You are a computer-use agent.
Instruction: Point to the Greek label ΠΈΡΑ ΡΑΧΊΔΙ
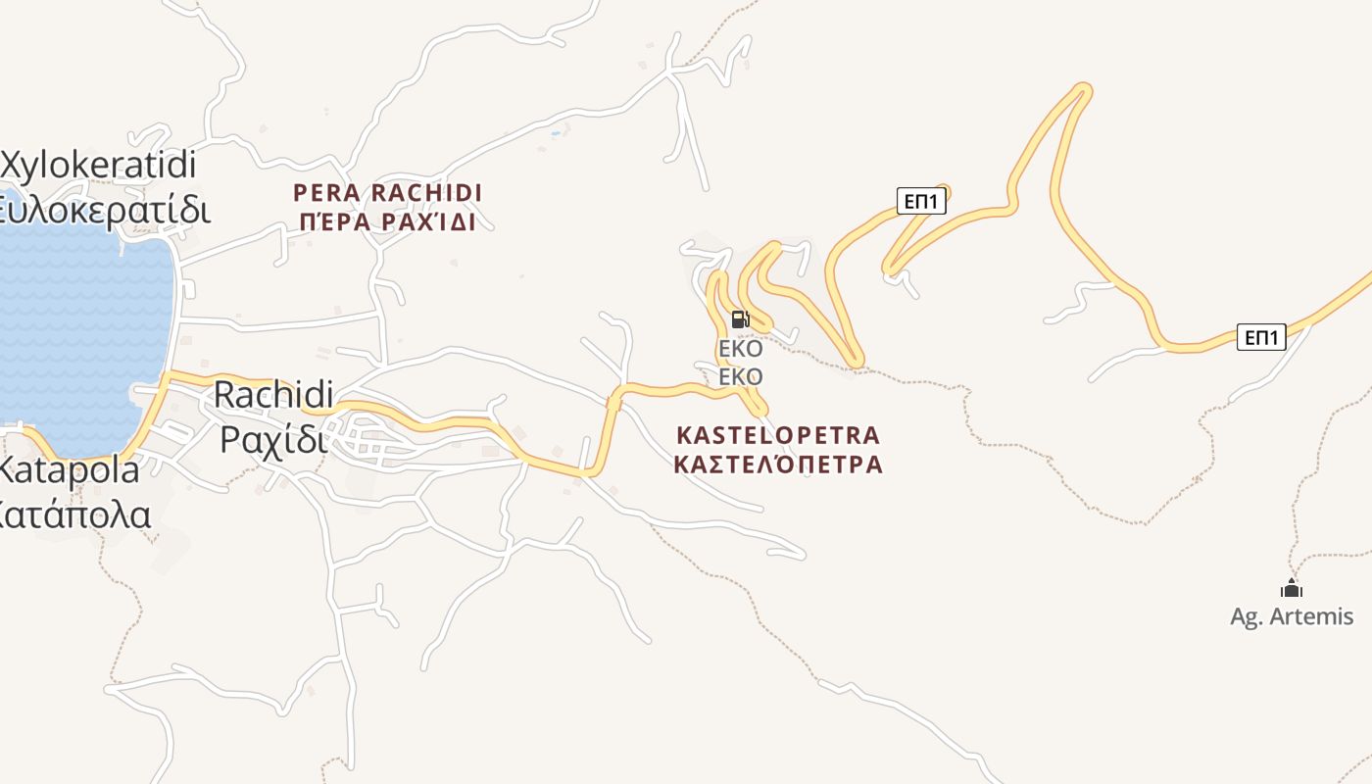coord(386,222)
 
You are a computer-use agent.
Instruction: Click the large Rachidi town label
coord(273,394)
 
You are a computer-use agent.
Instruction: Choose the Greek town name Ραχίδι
coord(271,439)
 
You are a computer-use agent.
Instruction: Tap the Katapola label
coord(69,469)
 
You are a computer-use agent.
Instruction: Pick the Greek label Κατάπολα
coord(73,514)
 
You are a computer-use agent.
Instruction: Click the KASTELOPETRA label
coord(779,434)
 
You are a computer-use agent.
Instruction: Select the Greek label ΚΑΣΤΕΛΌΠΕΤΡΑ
coord(779,464)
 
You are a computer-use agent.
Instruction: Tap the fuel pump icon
coord(740,318)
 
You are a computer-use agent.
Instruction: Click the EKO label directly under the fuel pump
coord(740,349)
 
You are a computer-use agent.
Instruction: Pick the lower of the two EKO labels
coord(740,376)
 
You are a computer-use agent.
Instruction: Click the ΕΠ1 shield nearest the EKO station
coord(921,202)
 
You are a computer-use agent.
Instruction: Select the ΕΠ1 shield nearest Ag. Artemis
coord(1260,337)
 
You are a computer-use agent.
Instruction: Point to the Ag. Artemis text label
coord(1292,616)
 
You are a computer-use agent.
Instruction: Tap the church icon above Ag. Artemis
coord(1292,588)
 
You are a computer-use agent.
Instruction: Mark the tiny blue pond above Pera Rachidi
coord(556,131)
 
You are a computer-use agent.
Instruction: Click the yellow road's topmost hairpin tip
coord(1083,90)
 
